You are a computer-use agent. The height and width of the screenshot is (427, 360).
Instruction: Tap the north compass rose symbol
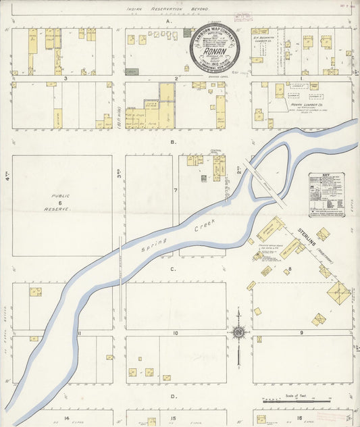(238, 332)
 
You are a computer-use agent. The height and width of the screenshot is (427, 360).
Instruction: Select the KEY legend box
(326, 195)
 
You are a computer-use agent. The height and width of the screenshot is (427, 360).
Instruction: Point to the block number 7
(175, 191)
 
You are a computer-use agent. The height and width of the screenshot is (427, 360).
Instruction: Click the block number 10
(175, 333)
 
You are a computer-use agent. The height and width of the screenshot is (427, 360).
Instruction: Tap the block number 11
(79, 333)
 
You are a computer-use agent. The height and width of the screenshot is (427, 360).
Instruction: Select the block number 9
(301, 333)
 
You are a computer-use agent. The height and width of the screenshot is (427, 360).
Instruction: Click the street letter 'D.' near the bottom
(174, 397)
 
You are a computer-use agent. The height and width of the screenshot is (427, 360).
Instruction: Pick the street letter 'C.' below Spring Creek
(174, 269)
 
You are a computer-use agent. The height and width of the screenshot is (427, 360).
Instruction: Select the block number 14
(68, 419)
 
